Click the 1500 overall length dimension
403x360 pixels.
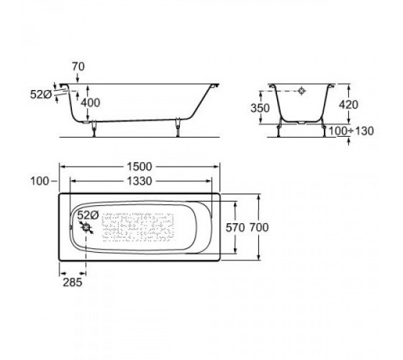tap(140, 166)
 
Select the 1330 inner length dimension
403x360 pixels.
tap(140, 181)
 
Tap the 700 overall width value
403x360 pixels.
tap(259, 228)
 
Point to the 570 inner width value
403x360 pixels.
tap(235, 228)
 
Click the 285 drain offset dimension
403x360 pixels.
tap(73, 282)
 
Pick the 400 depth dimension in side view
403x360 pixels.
tap(91, 103)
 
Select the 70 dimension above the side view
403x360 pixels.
tap(78, 66)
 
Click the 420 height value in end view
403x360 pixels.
tap(348, 104)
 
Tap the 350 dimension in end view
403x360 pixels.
tap(260, 108)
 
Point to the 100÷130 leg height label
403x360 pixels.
tap(351, 131)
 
